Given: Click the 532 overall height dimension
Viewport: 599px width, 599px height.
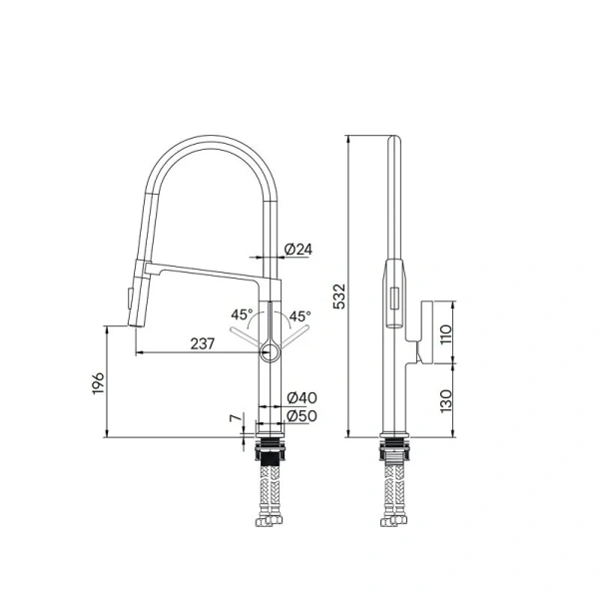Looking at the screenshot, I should coord(338,297).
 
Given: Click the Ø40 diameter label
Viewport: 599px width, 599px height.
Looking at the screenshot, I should coord(301,398).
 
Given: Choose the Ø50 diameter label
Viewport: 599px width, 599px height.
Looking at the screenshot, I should coord(301,415).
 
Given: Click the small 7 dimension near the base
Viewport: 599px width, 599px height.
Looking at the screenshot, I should coord(236,420).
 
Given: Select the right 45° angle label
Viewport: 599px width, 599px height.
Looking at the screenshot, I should coord(299,316).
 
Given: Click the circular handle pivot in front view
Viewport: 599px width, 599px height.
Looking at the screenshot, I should coord(270,350).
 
